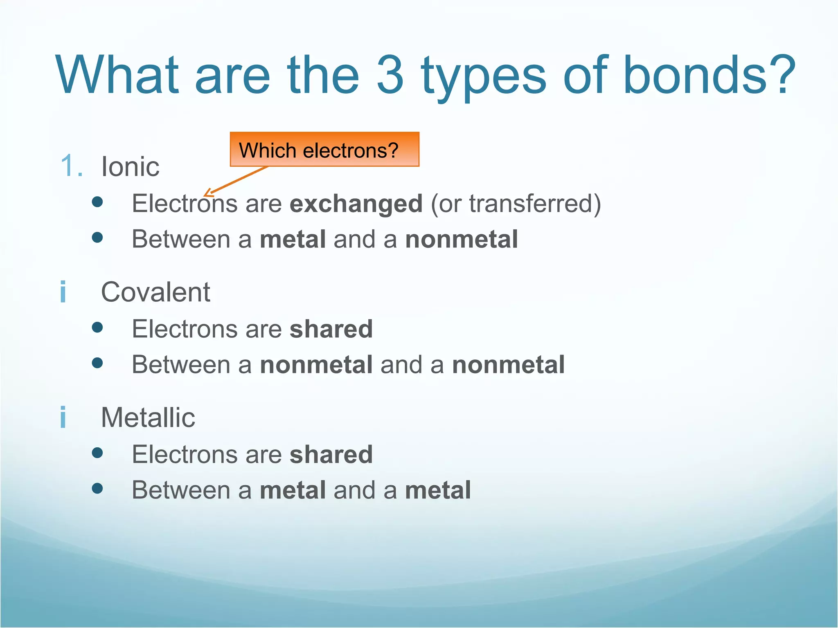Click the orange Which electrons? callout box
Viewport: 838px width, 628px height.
pyautogui.click(x=324, y=150)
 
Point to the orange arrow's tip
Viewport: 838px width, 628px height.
pyautogui.click(x=205, y=195)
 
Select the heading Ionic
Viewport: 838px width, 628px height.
pyautogui.click(x=130, y=167)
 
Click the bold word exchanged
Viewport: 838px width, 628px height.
pyautogui.click(x=356, y=204)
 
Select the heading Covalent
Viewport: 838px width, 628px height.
pyautogui.click(x=155, y=292)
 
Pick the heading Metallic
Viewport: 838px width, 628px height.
pyautogui.click(x=148, y=418)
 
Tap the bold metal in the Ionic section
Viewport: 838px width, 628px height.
pyautogui.click(x=293, y=239)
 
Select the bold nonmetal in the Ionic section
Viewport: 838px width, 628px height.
pyautogui.click(x=461, y=239)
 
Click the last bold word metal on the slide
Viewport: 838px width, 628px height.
pyautogui.click(x=437, y=490)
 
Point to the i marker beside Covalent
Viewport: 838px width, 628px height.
pyautogui.click(x=63, y=292)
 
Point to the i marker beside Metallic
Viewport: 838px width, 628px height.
pyautogui.click(x=63, y=417)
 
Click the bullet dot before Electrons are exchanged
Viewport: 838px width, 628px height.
pyautogui.click(x=97, y=202)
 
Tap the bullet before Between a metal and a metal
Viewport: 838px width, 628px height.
pyautogui.click(x=97, y=488)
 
